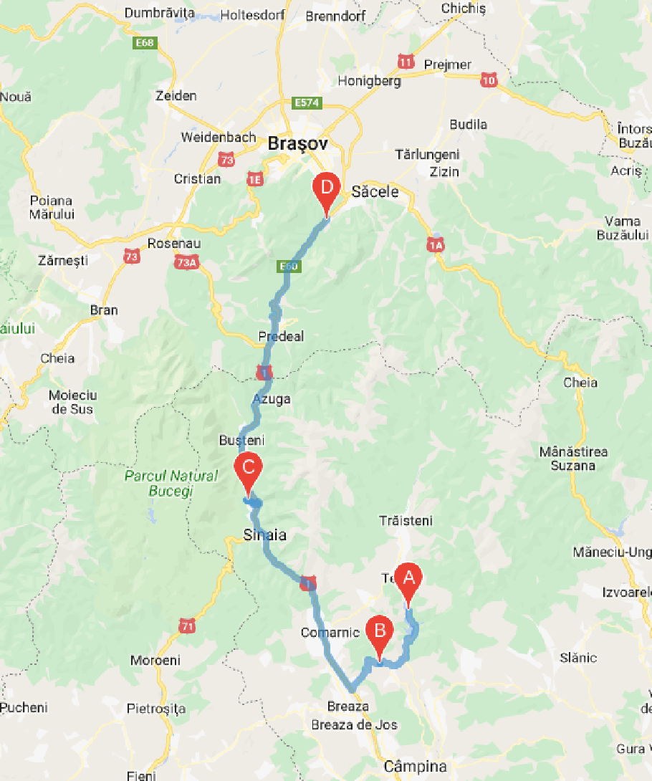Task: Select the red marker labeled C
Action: tap(247, 470)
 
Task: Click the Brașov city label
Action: tap(297, 144)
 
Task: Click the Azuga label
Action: tap(272, 399)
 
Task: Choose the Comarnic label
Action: tap(330, 633)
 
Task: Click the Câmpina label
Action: tap(415, 767)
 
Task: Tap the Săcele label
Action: tap(374, 192)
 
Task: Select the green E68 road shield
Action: tap(145, 44)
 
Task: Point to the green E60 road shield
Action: tap(288, 267)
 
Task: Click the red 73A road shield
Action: tap(186, 263)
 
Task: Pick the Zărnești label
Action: tap(64, 262)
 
